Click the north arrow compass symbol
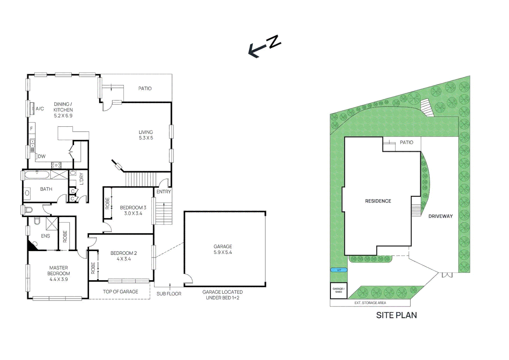click(x=265, y=46)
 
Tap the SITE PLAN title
click(x=396, y=315)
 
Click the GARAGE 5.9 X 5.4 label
click(x=223, y=249)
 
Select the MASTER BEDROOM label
click(x=59, y=273)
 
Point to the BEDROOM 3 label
click(x=133, y=210)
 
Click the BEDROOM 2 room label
click(x=124, y=256)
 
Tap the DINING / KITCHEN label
click(x=63, y=110)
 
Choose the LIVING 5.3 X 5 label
click(x=146, y=135)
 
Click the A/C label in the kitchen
click(x=40, y=109)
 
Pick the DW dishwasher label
click(x=42, y=156)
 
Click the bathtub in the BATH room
click(x=37, y=175)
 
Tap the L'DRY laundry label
click(x=81, y=179)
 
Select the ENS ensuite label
click(x=45, y=236)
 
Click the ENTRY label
click(x=164, y=192)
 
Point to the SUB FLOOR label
click(x=169, y=294)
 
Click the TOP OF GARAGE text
click(x=120, y=292)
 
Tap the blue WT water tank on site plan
click(x=339, y=270)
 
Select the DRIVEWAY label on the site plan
click(x=440, y=216)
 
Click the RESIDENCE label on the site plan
click(x=378, y=201)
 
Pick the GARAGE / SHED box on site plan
click(x=338, y=290)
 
